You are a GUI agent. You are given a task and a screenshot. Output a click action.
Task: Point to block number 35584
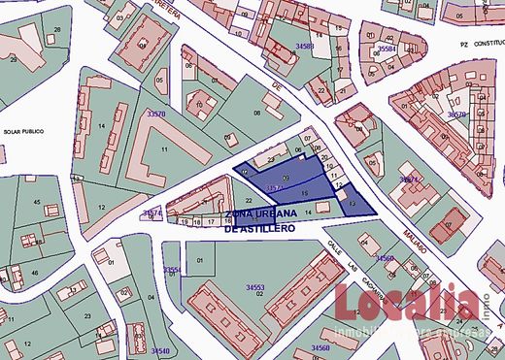(x=387, y=48)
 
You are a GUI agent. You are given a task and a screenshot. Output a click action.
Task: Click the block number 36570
(x=457, y=114)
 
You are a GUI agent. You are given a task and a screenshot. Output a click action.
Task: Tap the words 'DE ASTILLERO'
(x=258, y=229)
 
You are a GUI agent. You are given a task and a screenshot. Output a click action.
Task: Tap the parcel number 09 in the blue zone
(x=286, y=179)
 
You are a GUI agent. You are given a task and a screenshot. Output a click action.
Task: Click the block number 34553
(x=254, y=287)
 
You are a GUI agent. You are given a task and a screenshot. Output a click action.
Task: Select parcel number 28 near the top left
(x=56, y=30)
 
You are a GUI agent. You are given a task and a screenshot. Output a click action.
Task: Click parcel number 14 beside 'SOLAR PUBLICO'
(x=101, y=126)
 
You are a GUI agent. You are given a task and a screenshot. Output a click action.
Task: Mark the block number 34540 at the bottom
(x=160, y=349)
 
